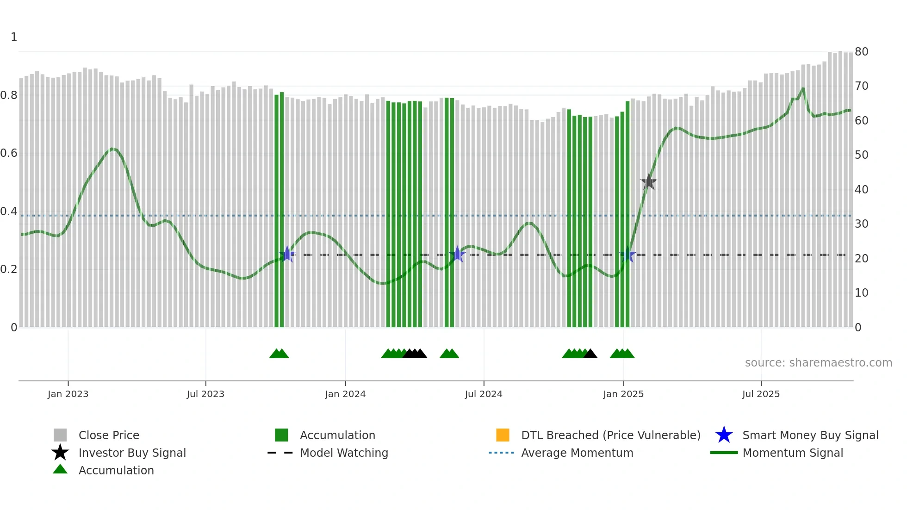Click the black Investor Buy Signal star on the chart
(x=649, y=182)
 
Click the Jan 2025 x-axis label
(x=623, y=394)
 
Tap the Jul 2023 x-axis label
(x=205, y=394)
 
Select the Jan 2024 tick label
(x=345, y=394)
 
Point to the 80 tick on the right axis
(x=861, y=51)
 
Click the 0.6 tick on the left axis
(x=9, y=153)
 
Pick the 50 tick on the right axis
(x=861, y=155)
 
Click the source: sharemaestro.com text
(x=818, y=363)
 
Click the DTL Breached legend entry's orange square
(x=503, y=435)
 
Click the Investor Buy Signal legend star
(x=60, y=453)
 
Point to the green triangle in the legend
(x=60, y=469)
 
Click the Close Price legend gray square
(x=60, y=435)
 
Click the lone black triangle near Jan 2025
(x=590, y=354)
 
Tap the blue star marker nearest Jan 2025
(x=628, y=255)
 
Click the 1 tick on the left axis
(x=14, y=37)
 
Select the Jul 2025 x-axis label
(x=761, y=394)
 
